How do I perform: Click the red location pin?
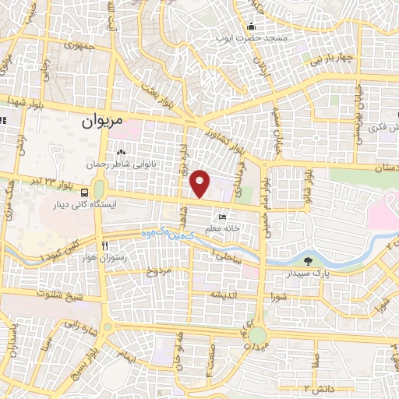pos(200,183)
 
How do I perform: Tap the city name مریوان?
pos(102,122)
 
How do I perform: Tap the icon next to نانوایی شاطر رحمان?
pos(121,153)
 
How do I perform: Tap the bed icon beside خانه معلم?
pos(221,217)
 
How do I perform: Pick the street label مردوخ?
pos(157,272)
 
